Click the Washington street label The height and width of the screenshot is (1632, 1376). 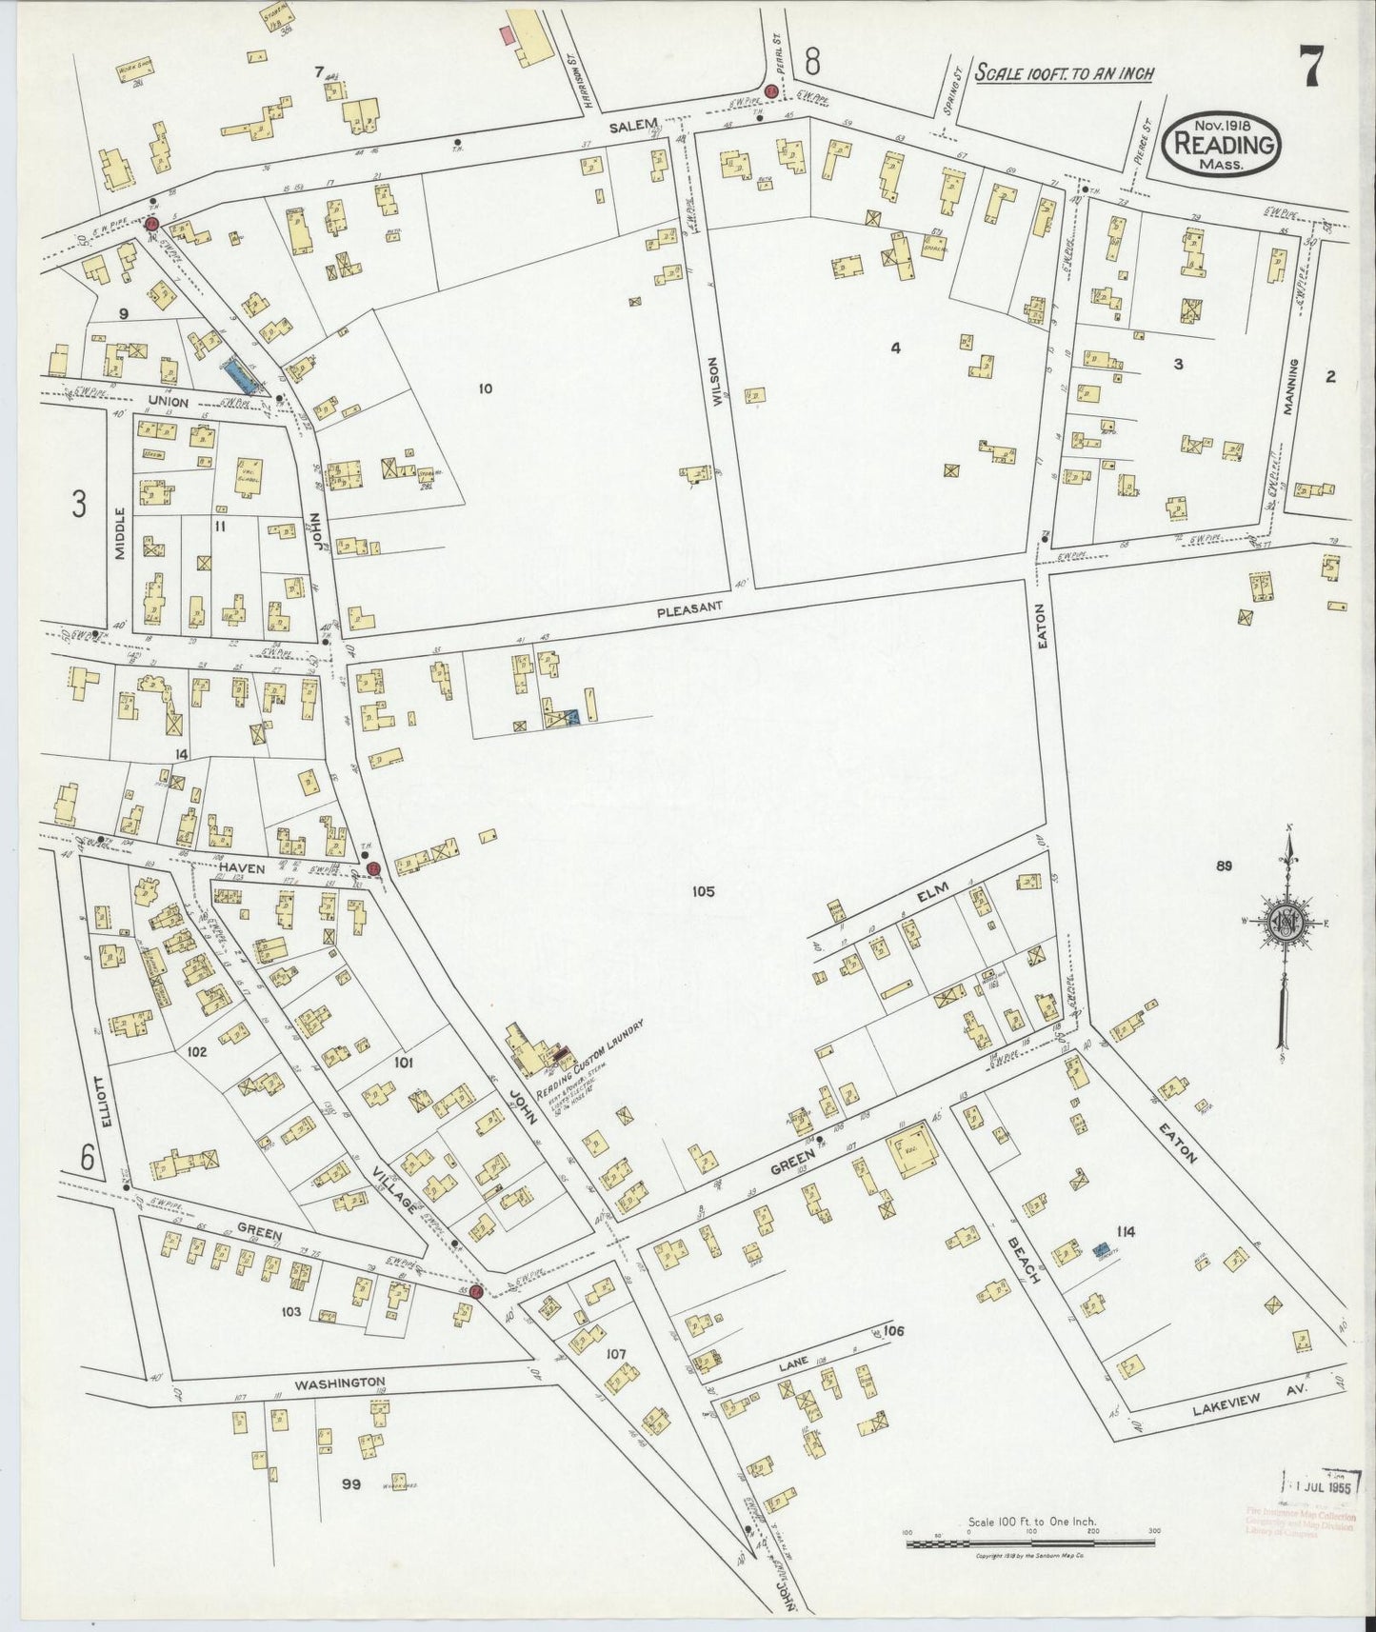click(x=339, y=1382)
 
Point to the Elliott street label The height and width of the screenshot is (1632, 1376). click(x=106, y=1105)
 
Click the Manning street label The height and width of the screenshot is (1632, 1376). click(x=1292, y=388)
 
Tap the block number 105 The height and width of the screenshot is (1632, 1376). click(x=704, y=892)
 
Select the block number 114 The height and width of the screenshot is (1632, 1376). click(x=1126, y=1232)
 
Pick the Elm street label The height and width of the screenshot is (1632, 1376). click(x=928, y=896)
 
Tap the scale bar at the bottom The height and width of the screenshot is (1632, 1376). click(x=1031, y=1541)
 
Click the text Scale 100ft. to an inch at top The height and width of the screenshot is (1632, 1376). click(x=1064, y=73)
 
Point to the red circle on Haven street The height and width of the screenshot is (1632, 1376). click(x=374, y=868)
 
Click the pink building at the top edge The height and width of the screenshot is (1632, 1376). click(x=508, y=35)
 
